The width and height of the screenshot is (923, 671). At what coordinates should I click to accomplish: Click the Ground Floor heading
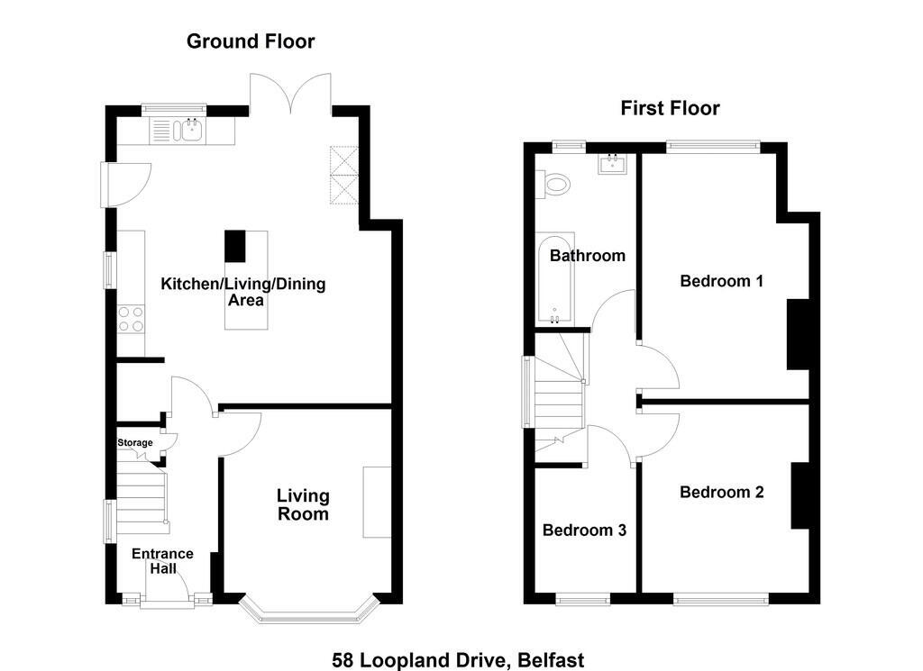251,41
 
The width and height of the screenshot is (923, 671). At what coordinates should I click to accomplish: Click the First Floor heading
670,108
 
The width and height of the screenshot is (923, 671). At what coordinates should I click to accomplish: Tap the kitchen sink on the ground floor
178,131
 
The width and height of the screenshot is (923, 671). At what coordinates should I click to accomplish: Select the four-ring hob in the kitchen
131,320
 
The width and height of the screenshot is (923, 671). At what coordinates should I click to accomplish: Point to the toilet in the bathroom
553,184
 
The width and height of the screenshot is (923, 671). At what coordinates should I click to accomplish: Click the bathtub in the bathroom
554,280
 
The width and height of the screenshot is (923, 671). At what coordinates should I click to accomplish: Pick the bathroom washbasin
613,163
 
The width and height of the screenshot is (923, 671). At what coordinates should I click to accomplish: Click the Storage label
135,443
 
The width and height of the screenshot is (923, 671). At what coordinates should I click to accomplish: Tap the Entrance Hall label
162,561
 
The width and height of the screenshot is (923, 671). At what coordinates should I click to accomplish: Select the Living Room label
303,504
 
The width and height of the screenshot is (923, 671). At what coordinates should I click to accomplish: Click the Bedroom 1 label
722,281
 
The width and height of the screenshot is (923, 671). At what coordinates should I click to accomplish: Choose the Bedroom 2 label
722,493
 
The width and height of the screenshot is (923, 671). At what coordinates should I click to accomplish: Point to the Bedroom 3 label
584,530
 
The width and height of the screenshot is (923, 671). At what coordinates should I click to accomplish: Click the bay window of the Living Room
308,614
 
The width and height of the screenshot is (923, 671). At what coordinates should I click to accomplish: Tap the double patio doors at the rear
291,93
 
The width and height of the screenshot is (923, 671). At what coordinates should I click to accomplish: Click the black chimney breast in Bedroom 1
799,335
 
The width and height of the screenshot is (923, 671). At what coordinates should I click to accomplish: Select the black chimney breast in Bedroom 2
800,495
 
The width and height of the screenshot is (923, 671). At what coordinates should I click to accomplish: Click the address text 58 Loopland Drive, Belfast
458,660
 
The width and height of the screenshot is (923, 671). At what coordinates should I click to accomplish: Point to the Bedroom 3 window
583,599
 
